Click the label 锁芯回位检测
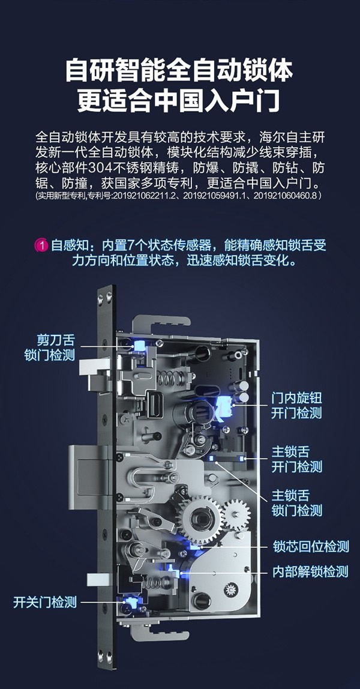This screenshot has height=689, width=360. click(x=310, y=546)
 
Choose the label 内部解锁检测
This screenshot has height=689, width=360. click(x=310, y=571)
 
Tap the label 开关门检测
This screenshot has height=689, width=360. click(x=45, y=602)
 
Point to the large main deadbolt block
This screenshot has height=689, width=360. click(x=90, y=475)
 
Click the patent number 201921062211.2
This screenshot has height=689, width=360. click(x=146, y=196)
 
